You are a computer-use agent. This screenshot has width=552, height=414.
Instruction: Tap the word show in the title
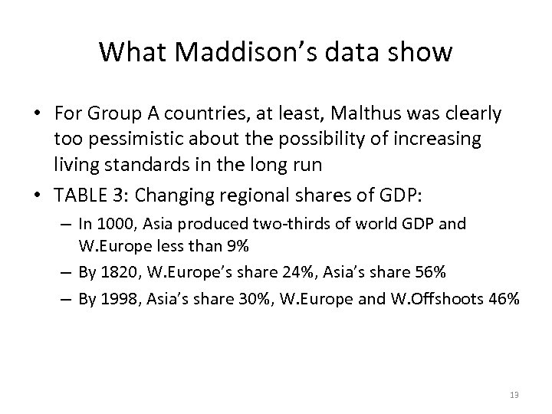tap(421, 52)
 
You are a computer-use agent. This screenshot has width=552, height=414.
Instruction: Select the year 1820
tap(119, 273)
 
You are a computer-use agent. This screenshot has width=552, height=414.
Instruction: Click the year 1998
tap(119, 299)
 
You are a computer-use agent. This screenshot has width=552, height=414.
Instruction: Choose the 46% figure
tap(504, 299)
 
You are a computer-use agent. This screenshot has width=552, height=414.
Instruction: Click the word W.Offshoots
tap(441, 299)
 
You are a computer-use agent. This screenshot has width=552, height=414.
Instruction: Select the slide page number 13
tap(514, 395)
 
